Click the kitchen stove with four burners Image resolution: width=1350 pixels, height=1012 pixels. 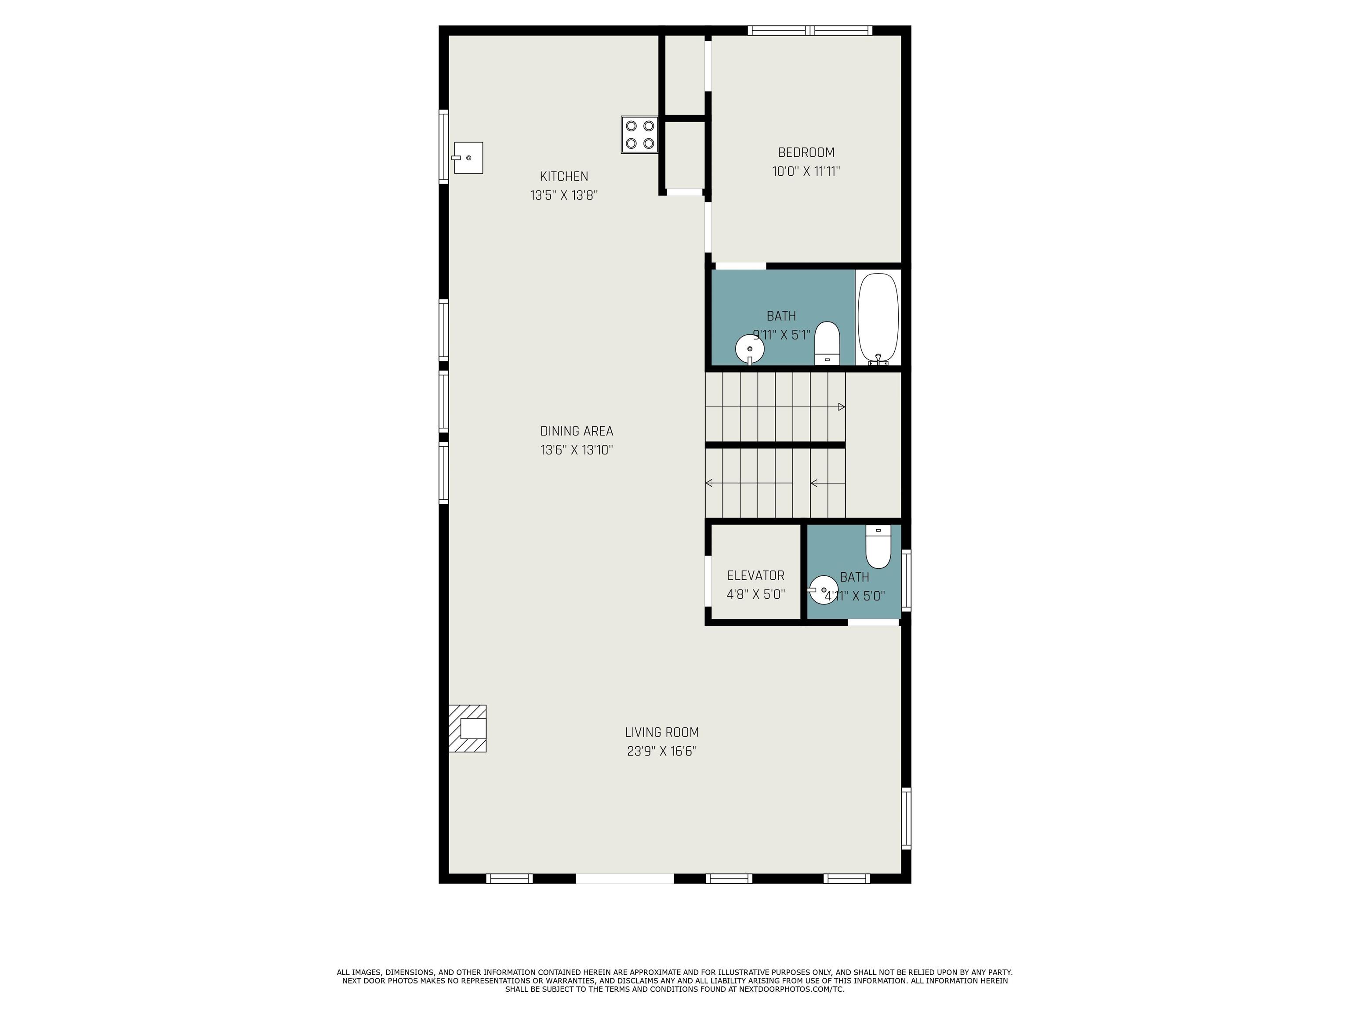pos(639,135)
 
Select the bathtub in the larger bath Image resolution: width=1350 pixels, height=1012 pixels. pos(878,319)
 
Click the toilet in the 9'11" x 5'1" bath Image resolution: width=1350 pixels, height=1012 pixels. pos(827,343)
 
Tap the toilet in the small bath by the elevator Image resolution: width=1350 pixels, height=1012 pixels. pos(878,546)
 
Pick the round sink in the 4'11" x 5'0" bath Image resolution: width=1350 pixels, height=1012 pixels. pos(823,590)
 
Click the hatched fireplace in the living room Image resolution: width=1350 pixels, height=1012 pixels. pos(468,728)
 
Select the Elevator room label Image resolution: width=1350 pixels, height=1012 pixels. pos(755,575)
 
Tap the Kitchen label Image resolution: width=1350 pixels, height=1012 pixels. pos(564,176)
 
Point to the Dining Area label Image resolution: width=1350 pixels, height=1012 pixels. pos(576,431)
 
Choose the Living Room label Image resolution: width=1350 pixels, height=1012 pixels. pos(661,732)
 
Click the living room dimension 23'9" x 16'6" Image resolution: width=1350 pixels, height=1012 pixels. pos(661,751)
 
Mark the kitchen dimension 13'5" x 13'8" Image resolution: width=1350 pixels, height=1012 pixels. pos(564,195)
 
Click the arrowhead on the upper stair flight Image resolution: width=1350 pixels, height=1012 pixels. pos(842,407)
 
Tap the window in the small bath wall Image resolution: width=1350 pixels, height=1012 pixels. pos(906,581)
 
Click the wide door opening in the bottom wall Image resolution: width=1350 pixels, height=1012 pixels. pos(625,878)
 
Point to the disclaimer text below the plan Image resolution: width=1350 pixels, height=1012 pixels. pos(675,981)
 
